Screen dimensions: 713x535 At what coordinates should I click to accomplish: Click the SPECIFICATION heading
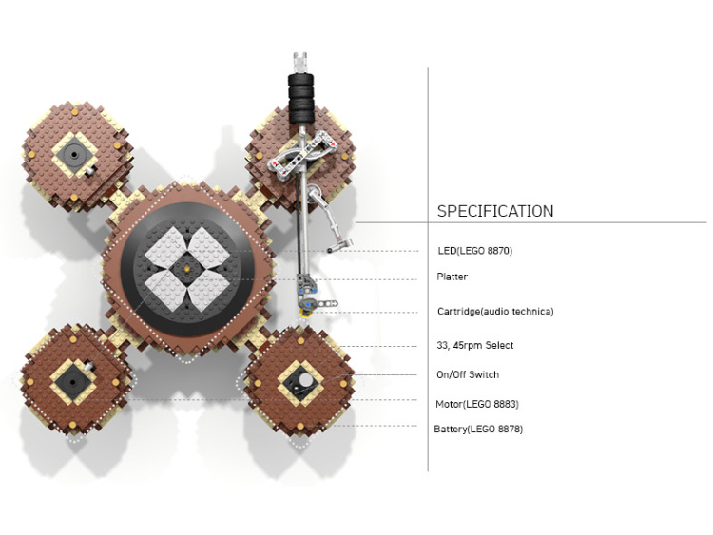[x=495, y=211]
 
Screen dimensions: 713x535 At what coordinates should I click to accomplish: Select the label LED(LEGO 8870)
[x=474, y=251]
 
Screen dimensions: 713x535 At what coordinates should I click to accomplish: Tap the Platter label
[x=452, y=277]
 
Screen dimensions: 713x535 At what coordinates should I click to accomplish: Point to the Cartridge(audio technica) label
[x=495, y=312]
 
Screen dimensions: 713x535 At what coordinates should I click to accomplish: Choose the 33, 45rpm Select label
[x=474, y=345]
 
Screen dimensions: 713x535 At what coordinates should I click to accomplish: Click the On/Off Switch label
[x=468, y=374]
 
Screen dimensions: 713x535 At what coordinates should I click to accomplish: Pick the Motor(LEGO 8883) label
[x=477, y=404]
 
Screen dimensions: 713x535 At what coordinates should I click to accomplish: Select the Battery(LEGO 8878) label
[x=478, y=429]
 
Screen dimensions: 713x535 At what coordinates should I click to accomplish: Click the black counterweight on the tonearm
[x=301, y=99]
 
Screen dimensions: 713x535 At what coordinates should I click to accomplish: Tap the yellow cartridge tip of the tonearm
[x=303, y=313]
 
